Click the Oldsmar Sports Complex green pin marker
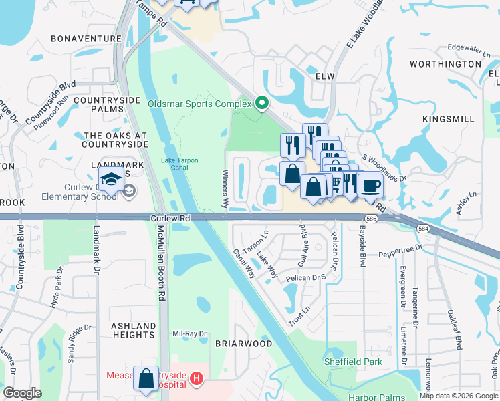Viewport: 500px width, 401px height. [262, 104]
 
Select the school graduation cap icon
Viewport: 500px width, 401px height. [112, 178]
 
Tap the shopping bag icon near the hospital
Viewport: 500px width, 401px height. [146, 378]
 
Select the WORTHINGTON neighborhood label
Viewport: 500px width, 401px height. [445, 64]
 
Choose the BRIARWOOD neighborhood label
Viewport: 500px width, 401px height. [243, 344]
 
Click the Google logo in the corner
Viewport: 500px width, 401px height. [22, 393]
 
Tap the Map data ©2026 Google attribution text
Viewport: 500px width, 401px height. [458, 396]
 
